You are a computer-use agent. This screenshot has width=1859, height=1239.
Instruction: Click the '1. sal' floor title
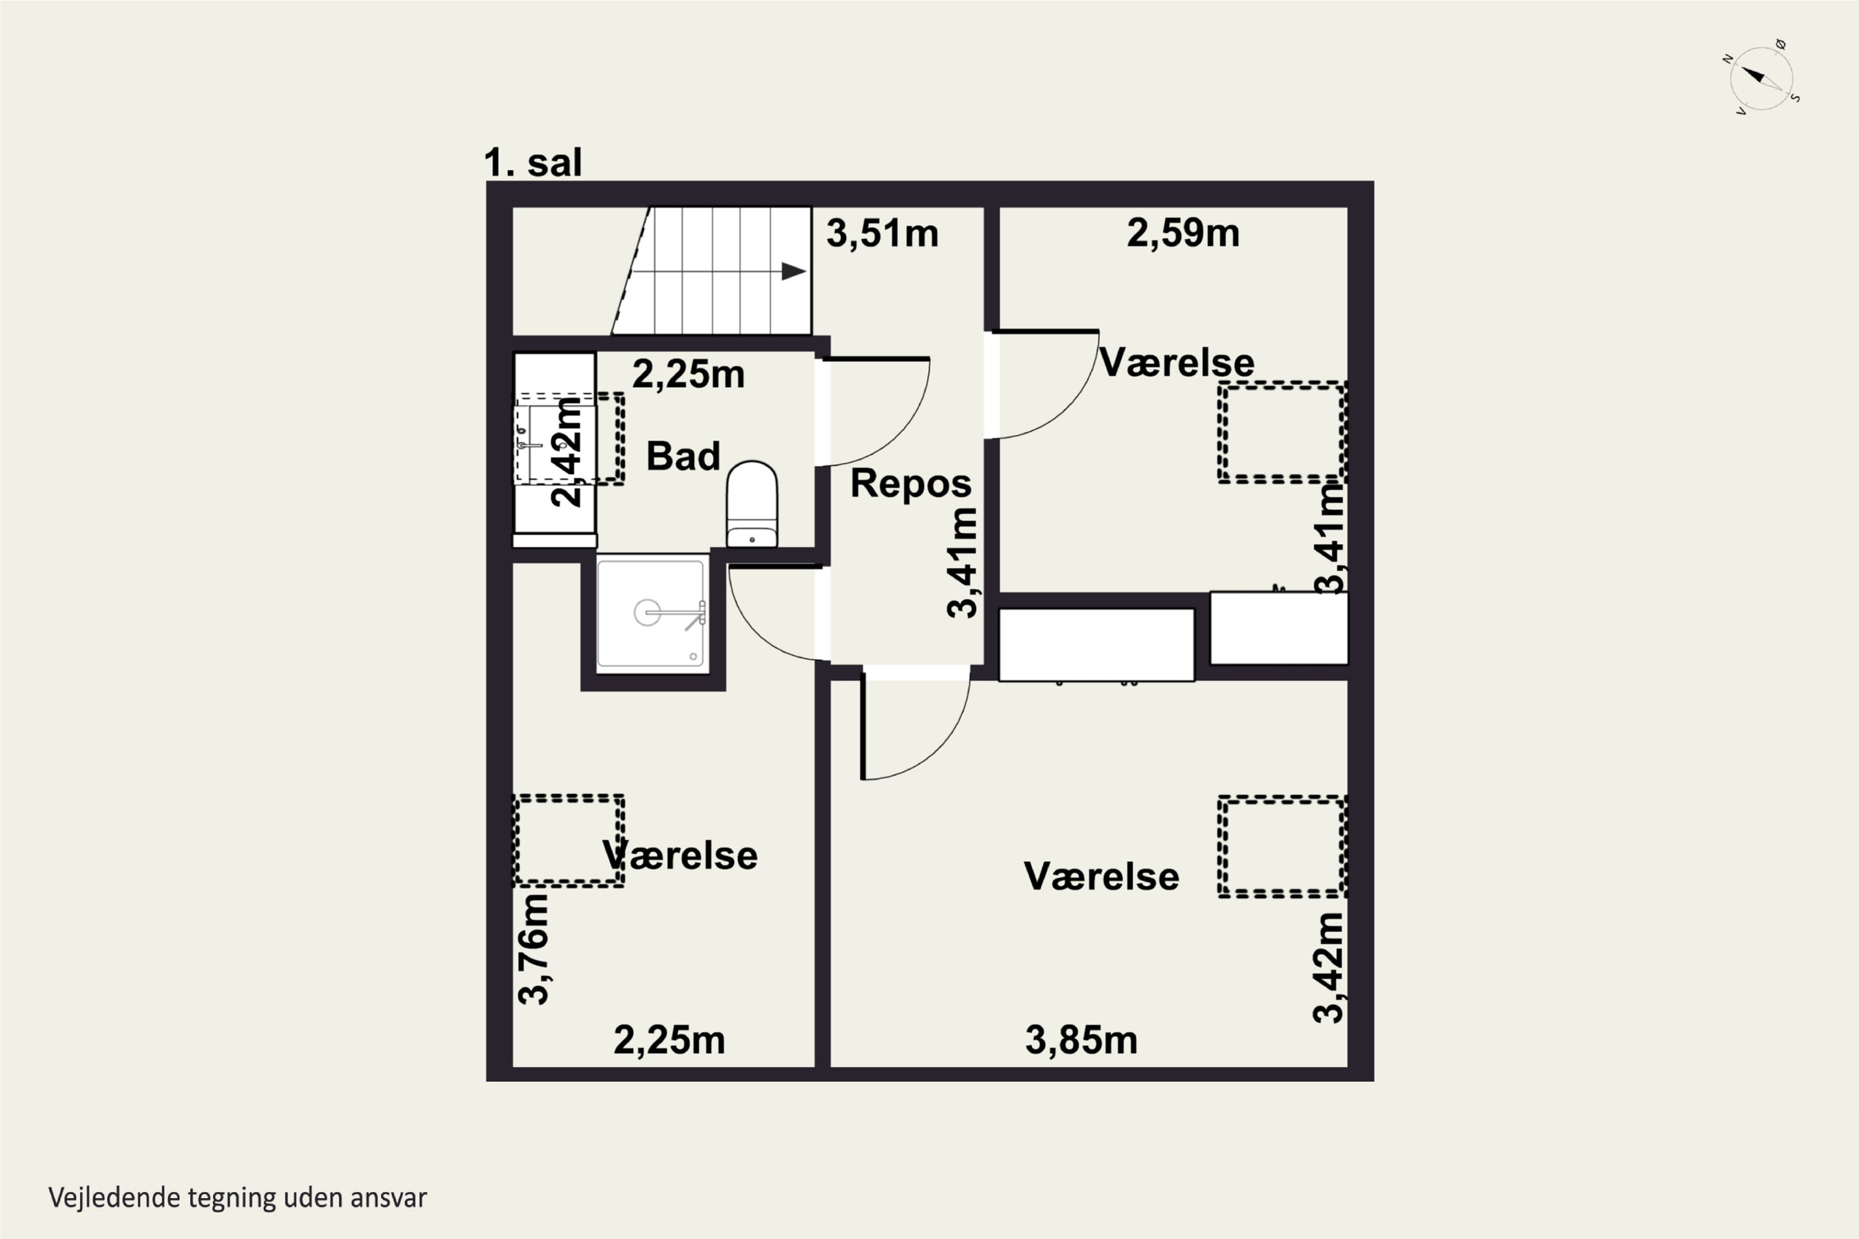pyautogui.click(x=533, y=163)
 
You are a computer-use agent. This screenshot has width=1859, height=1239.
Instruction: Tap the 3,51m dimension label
pyautogui.click(x=882, y=234)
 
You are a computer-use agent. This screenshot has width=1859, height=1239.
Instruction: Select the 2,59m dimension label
pyautogui.click(x=1183, y=233)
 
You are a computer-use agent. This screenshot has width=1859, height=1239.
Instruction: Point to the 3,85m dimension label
pyautogui.click(x=1081, y=1040)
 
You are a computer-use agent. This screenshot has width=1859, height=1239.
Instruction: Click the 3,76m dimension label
pyautogui.click(x=534, y=949)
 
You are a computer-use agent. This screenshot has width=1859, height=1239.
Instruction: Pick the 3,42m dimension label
pyautogui.click(x=1328, y=968)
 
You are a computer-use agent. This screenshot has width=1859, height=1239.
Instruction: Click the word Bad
pyautogui.click(x=683, y=456)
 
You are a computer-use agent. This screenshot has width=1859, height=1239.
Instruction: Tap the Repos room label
pyautogui.click(x=910, y=484)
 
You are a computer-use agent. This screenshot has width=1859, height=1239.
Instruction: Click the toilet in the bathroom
pyautogui.click(x=752, y=504)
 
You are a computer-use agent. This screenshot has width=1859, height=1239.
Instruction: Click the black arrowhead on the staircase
pyautogui.click(x=794, y=271)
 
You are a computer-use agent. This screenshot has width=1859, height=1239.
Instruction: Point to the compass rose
pyautogui.click(x=1760, y=78)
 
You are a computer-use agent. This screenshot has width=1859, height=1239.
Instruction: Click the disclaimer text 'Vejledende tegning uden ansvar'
pyautogui.click(x=238, y=1198)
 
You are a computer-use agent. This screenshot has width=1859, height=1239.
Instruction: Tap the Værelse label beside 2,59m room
pyautogui.click(x=1176, y=362)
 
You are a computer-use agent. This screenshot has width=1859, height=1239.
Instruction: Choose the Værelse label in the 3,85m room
pyautogui.click(x=1101, y=877)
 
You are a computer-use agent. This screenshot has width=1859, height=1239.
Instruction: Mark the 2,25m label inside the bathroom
pyautogui.click(x=688, y=375)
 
